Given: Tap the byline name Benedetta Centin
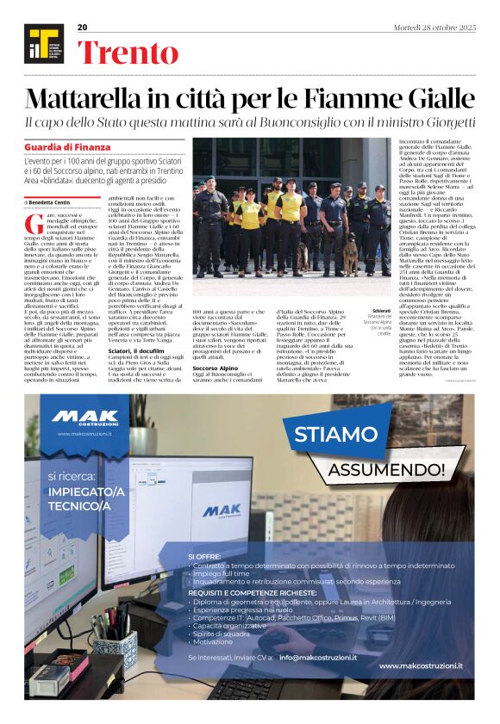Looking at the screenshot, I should coord(50,201).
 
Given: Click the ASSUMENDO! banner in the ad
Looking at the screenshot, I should coord(387,468).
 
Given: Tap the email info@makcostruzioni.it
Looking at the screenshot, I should coord(322,657).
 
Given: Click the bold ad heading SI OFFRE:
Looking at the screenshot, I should coord(204,557).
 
